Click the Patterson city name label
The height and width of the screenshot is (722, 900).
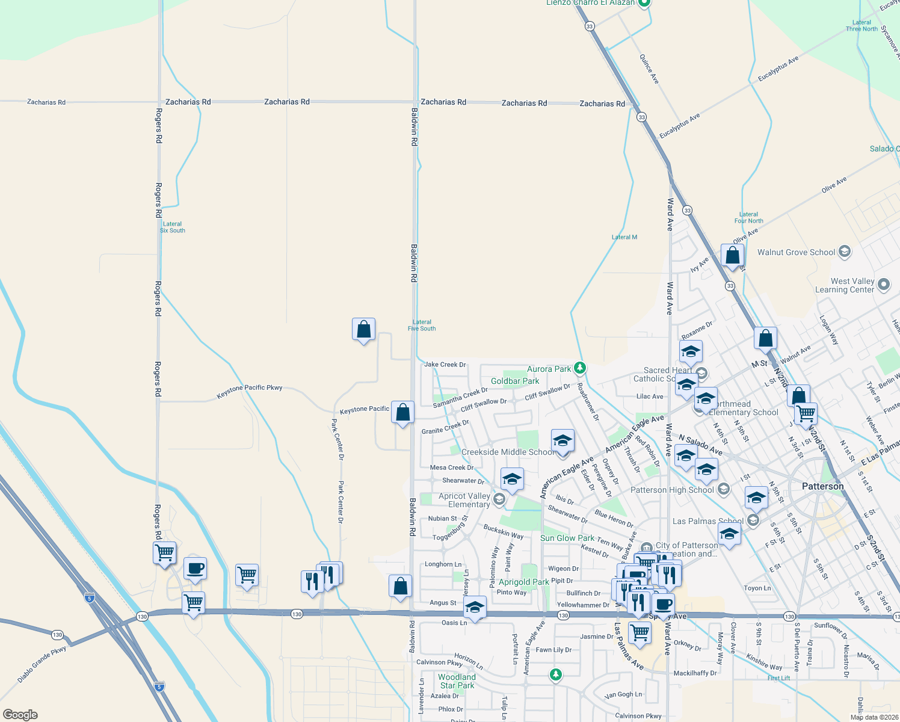coord(822,486)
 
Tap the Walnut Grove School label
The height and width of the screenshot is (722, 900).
coord(796,252)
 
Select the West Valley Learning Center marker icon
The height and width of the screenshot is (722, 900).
coord(883,285)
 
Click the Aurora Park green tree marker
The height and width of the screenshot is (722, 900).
coord(579,367)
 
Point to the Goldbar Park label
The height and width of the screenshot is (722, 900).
coord(515,381)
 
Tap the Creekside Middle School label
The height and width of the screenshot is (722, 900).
coord(508,452)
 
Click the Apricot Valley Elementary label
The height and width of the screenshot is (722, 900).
coord(464,500)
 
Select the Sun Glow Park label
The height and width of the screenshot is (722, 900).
coord(567,538)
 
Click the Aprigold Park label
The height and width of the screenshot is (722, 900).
coord(523,582)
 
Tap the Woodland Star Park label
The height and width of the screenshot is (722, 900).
coord(457,681)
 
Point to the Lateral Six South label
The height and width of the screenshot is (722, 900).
coord(172,227)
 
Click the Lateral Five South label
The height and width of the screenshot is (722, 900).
coord(422,325)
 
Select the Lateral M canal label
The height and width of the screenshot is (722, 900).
coord(624,237)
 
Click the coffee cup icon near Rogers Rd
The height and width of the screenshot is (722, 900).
coord(195,568)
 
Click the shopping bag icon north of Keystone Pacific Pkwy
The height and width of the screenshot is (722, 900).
coord(363,330)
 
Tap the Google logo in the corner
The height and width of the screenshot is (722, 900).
coord(20,714)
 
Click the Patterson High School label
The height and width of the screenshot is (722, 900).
coord(672,490)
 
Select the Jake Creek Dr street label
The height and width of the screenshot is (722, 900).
coord(445,365)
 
